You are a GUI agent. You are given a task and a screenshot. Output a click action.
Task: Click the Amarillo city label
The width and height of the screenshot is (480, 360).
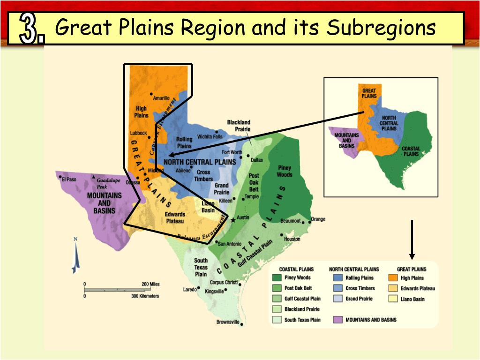click(x=161, y=98)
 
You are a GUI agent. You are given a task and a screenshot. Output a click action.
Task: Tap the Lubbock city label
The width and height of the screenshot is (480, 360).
click(x=138, y=133)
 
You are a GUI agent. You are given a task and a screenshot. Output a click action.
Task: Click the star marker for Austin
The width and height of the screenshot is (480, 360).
click(x=233, y=220)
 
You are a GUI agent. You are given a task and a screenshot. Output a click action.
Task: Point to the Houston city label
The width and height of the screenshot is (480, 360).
click(x=292, y=239)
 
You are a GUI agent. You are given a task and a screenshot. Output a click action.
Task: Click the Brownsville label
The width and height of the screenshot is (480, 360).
click(x=228, y=322)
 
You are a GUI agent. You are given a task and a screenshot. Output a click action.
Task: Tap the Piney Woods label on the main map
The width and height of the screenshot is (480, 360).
click(x=285, y=171)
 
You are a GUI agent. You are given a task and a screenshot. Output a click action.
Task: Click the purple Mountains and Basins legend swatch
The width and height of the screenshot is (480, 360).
click(x=337, y=320)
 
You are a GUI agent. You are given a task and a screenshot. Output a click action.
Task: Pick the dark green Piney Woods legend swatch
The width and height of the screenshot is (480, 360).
click(x=277, y=278)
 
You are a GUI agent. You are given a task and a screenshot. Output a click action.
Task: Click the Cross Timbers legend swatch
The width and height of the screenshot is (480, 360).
click(x=337, y=288)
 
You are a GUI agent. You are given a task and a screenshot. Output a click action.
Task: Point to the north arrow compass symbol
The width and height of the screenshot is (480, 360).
click(x=75, y=255)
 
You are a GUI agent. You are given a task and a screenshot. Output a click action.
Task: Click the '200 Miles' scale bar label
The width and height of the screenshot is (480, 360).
click(x=150, y=284)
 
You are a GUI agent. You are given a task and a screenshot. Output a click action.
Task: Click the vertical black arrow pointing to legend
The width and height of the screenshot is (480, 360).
click(x=412, y=239)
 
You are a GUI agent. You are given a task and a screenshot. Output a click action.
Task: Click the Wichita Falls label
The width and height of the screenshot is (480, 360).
click(x=210, y=137)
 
